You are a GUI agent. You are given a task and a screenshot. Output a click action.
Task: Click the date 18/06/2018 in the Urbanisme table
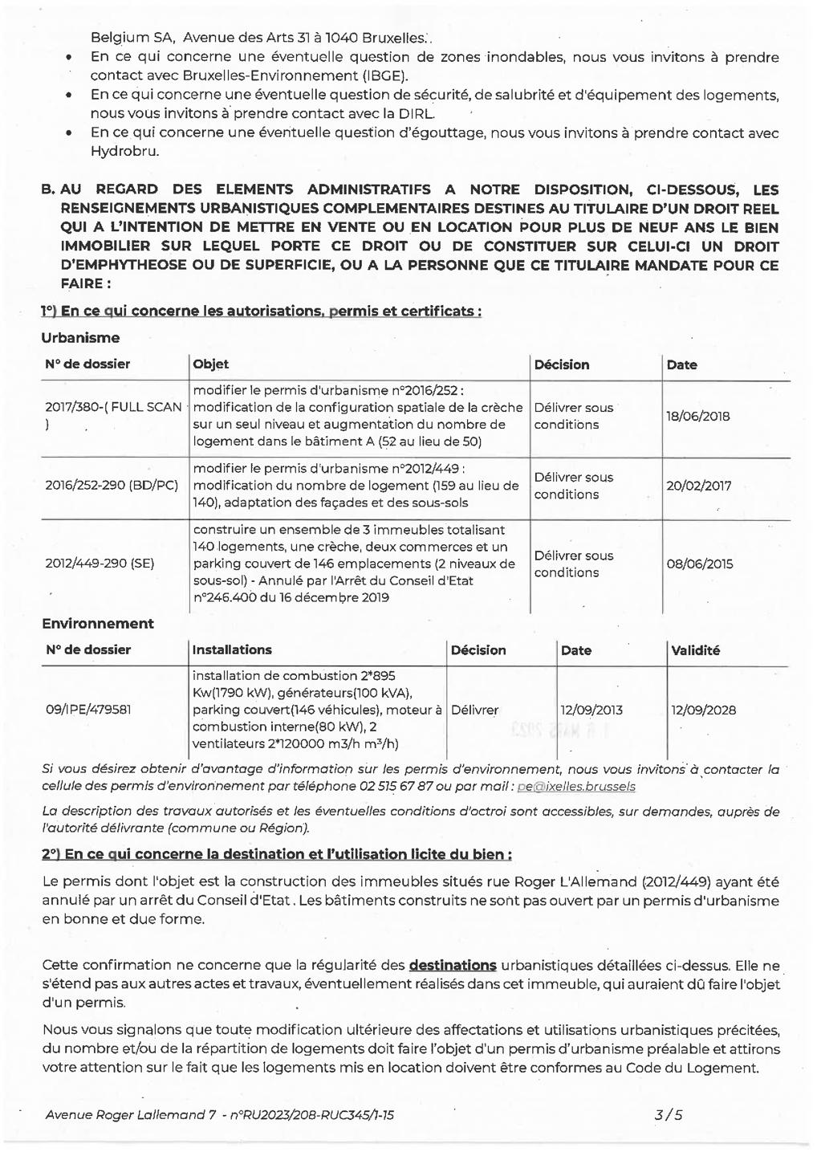[697, 416]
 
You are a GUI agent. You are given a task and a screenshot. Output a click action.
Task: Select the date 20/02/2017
[698, 486]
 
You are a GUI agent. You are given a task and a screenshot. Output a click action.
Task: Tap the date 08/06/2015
[699, 564]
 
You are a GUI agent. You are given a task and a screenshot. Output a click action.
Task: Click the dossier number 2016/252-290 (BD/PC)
[112, 486]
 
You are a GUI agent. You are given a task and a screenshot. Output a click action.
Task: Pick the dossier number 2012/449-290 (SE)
[100, 564]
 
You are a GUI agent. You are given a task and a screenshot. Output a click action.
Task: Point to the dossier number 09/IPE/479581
[88, 710]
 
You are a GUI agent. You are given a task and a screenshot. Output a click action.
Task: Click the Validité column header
[695, 650]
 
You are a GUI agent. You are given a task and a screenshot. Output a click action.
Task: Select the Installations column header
[232, 650]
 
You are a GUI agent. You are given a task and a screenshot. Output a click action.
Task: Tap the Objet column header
[210, 364]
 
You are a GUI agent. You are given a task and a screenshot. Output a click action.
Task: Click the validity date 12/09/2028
[703, 710]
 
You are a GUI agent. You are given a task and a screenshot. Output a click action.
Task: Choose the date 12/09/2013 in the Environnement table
[591, 710]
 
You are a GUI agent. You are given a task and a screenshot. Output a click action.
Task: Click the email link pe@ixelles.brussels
[576, 787]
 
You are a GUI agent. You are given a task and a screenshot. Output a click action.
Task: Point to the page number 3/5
[668, 1114]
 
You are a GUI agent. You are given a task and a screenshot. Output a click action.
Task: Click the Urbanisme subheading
[80, 338]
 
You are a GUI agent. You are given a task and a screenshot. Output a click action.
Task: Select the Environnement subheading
[98, 624]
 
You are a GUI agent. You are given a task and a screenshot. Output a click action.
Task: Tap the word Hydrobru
[124, 151]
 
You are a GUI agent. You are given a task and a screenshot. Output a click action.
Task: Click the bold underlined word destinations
[453, 965]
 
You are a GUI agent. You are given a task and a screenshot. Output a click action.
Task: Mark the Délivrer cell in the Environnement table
[474, 710]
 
